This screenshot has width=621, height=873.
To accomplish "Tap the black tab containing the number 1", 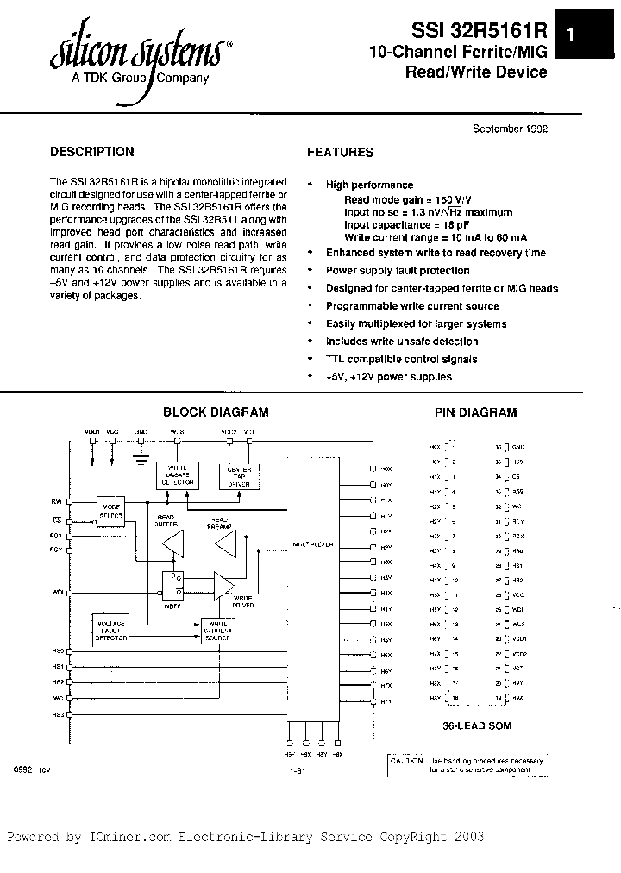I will (569, 35).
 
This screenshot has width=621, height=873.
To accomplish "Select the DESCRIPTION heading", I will (92, 152).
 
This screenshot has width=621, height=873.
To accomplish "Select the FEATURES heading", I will (341, 152).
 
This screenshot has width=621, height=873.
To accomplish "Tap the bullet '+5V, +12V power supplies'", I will (388, 377).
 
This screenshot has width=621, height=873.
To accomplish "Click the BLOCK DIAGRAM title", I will (216, 412).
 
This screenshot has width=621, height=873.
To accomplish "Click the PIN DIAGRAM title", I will (476, 412).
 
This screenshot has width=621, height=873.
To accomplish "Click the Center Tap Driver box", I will (238, 475).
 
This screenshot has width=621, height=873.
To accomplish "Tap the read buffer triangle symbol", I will (173, 543).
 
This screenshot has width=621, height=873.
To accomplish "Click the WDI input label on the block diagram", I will (58, 593).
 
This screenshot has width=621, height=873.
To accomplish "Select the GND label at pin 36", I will (517, 447).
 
